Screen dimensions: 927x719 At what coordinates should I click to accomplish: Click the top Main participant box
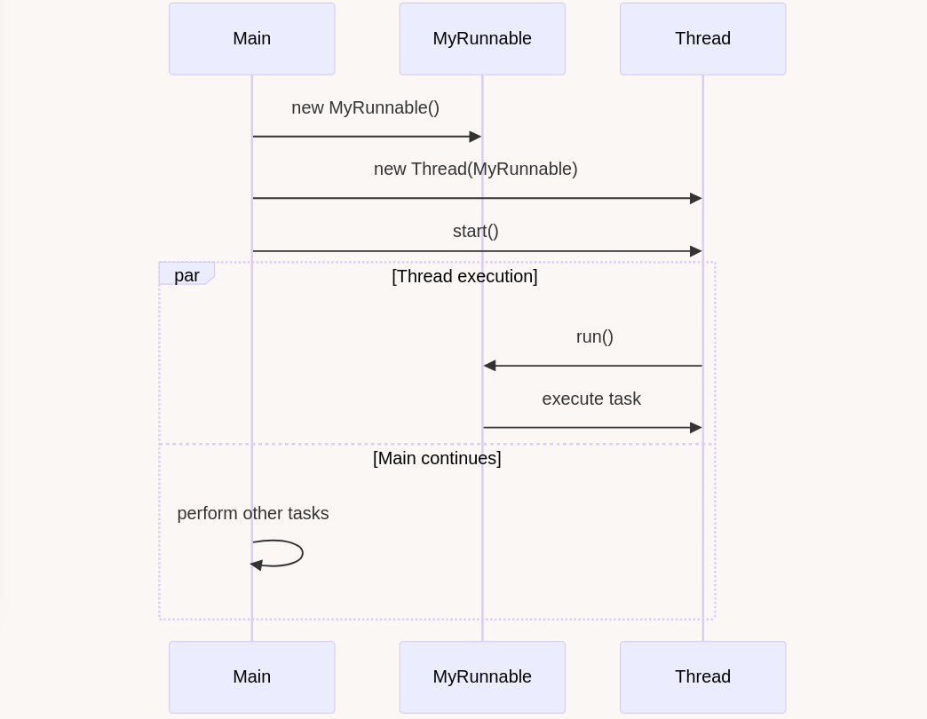click(x=252, y=39)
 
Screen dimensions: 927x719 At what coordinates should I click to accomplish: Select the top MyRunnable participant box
click(x=482, y=39)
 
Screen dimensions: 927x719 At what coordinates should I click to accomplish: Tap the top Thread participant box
click(x=703, y=39)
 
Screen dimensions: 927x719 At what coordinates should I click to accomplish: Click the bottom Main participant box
click(x=252, y=677)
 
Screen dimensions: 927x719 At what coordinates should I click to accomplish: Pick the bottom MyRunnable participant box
click(x=482, y=677)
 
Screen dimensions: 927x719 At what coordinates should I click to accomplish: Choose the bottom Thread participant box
click(x=703, y=677)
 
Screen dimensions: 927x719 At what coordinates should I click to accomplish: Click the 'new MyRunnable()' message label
click(x=365, y=108)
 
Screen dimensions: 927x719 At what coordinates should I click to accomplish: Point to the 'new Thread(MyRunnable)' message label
click(x=475, y=170)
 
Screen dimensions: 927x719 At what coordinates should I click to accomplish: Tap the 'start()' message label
click(x=476, y=231)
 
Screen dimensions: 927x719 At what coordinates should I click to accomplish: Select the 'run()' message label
click(x=595, y=336)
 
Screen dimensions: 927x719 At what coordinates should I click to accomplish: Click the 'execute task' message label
click(x=591, y=399)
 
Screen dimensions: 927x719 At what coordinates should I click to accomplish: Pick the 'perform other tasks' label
click(x=253, y=513)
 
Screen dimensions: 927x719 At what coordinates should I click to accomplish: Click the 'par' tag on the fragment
click(x=186, y=275)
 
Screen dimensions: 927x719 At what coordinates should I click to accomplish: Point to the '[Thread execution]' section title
click(x=464, y=276)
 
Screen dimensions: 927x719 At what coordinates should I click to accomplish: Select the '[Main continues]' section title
click(x=437, y=458)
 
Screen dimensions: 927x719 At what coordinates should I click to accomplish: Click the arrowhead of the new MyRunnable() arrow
click(x=475, y=137)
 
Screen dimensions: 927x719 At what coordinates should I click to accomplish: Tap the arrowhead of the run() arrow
click(x=490, y=366)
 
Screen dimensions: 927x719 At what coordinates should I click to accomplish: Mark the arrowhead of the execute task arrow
click(x=696, y=428)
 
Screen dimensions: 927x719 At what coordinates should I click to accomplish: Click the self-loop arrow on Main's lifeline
click(x=303, y=554)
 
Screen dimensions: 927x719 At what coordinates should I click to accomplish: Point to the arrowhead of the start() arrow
click(x=696, y=252)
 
